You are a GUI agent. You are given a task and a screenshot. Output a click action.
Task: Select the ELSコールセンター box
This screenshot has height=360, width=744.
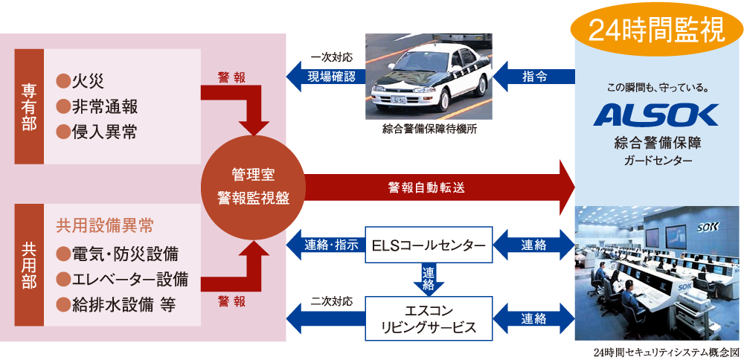pos(429,245)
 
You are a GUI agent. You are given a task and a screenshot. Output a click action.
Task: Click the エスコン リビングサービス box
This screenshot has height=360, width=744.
pos(428,319)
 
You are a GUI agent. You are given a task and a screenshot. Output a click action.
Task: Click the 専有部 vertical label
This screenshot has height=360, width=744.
pos(29,106)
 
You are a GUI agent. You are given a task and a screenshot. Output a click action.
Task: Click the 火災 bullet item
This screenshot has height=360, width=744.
pos(83,81)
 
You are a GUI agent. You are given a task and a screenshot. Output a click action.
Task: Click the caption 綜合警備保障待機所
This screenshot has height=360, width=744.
pos(428,129)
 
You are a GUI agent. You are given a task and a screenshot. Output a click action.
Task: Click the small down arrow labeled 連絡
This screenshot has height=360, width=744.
pos(429,279)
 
